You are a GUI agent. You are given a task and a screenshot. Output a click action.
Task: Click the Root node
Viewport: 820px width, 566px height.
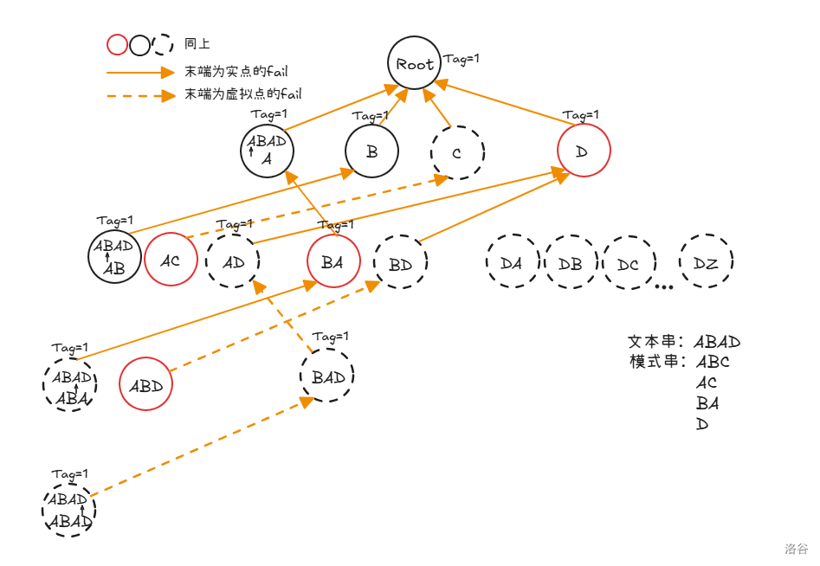415,63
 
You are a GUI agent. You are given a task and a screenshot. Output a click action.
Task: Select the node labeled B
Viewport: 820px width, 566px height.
371,151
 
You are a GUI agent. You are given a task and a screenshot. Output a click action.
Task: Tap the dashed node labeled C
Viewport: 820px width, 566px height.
457,153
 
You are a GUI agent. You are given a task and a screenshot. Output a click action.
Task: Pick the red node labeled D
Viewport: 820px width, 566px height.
583,151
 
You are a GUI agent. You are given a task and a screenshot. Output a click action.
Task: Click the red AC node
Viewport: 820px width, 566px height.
171,259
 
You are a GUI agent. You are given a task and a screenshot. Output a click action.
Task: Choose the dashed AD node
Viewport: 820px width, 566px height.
233,260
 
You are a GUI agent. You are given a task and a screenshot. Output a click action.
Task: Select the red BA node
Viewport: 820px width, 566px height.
333,260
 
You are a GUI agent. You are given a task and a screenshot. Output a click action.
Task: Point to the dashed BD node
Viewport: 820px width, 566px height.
400,264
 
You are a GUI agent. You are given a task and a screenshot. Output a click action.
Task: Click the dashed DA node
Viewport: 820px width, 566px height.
512,260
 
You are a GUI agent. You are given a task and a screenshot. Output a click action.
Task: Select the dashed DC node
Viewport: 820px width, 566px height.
629,263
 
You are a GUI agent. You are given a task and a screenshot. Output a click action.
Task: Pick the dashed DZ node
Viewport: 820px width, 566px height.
706,261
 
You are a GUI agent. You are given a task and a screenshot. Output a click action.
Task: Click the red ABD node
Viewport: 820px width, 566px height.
145,385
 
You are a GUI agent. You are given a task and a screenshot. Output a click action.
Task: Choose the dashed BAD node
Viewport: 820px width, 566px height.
328,376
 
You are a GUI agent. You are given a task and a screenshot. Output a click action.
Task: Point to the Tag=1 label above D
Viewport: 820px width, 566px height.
580,114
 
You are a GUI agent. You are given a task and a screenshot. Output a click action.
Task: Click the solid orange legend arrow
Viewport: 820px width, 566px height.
140,72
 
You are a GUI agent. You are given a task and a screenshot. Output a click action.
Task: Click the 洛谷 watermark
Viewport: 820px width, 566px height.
796,549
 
